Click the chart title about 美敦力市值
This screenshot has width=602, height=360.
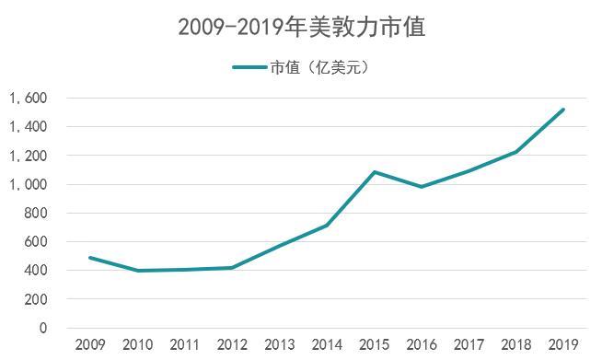pyautogui.click(x=301, y=28)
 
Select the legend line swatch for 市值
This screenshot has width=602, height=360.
pyautogui.click(x=249, y=66)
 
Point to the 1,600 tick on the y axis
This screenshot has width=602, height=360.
pyautogui.click(x=28, y=98)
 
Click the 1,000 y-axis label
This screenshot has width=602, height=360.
pyautogui.click(x=28, y=184)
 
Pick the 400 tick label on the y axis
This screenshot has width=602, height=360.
pyautogui.click(x=35, y=271)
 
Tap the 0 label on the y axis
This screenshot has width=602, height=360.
pyautogui.click(x=42, y=328)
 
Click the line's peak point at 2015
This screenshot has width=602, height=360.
pyautogui.click(x=374, y=172)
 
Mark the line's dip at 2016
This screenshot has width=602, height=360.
pyautogui.click(x=422, y=187)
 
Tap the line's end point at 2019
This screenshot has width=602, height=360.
pyautogui.click(x=563, y=110)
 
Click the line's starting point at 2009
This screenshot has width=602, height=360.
pyautogui.click(x=89, y=258)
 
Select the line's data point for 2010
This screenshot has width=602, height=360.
pyautogui.click(x=137, y=271)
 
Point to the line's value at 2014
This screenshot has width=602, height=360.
pyautogui.click(x=327, y=225)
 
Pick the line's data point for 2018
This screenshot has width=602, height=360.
pyautogui.click(x=516, y=152)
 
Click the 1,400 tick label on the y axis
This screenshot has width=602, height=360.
pyautogui.click(x=28, y=126)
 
